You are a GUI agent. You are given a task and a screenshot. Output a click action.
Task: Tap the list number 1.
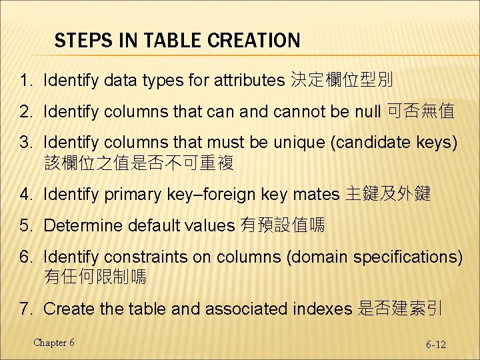25,81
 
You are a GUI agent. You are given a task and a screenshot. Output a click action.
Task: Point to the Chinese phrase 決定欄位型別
342,81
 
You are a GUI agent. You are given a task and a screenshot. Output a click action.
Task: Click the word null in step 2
367,112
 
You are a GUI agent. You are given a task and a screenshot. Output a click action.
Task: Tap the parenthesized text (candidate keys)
395,143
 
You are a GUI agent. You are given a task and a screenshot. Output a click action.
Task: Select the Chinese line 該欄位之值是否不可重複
139,162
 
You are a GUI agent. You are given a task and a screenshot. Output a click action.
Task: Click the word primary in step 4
127,195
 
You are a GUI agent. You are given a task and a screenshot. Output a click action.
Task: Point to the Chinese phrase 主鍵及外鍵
389,195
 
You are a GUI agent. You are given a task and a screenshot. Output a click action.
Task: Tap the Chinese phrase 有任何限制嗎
95,275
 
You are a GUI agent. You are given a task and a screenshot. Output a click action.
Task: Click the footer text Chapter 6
54,343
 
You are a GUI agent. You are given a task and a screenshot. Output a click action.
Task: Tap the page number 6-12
436,345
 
